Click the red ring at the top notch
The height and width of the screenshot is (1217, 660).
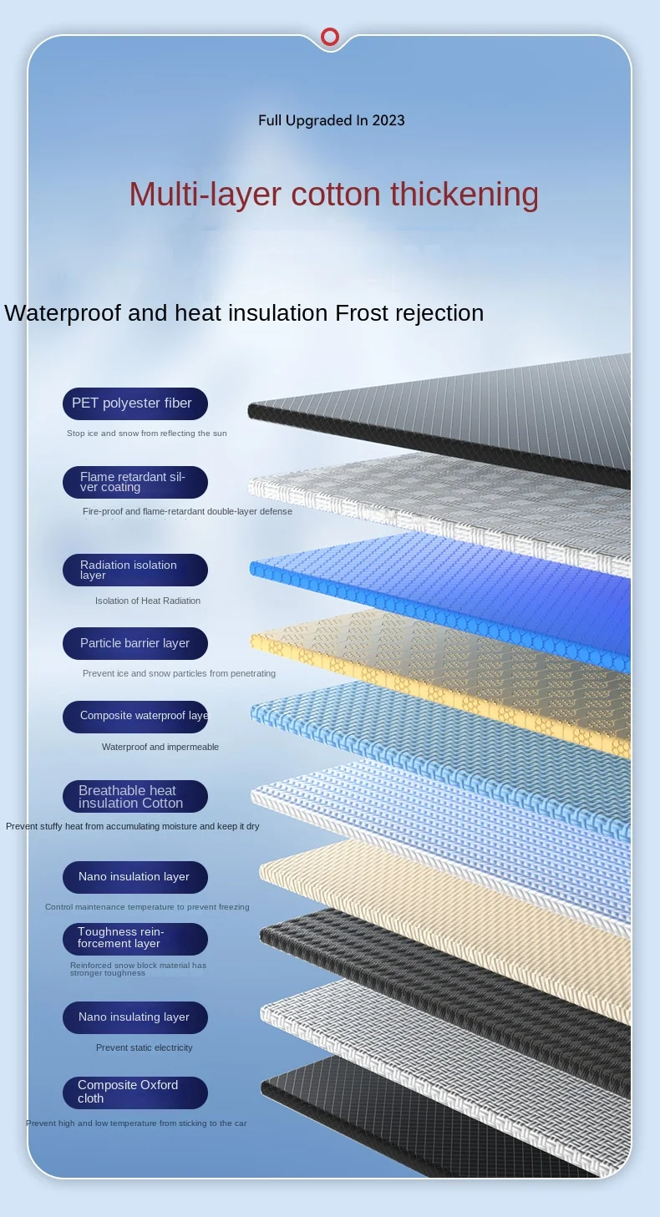click(x=330, y=37)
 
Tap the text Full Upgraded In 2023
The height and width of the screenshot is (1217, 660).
click(x=331, y=120)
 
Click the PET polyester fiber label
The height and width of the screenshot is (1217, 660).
click(x=135, y=403)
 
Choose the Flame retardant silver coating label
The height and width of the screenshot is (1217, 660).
click(x=135, y=482)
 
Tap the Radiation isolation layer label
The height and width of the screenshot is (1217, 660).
click(x=135, y=570)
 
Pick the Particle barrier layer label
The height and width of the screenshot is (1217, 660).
click(x=135, y=643)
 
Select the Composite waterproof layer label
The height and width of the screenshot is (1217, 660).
click(x=135, y=716)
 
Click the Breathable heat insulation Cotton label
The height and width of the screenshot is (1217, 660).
click(x=135, y=796)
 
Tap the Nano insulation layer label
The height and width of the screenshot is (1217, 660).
click(x=135, y=877)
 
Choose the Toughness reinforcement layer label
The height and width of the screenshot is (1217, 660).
click(x=135, y=938)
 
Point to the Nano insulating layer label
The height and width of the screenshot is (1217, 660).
click(x=135, y=1017)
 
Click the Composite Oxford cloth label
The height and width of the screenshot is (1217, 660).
click(x=135, y=1092)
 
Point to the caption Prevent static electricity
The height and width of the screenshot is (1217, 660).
click(x=144, y=1047)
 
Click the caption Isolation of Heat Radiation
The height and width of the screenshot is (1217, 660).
click(x=148, y=601)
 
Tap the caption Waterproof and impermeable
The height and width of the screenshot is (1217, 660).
click(x=160, y=747)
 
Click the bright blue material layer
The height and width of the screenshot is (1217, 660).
click(x=451, y=593)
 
